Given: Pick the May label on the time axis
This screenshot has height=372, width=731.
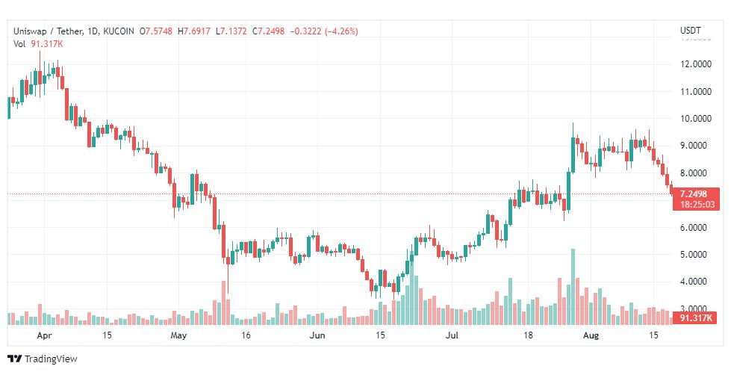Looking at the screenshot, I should point(178,335).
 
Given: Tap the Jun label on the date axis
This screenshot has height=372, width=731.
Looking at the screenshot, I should point(318,335).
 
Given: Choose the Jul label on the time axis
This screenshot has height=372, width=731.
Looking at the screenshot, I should point(452,335).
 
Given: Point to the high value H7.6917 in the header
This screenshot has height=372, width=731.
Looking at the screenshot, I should point(195,31).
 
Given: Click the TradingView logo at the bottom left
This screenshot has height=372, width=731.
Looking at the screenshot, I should point(43,359).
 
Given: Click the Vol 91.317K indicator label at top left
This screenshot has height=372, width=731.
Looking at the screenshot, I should point(37,44).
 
